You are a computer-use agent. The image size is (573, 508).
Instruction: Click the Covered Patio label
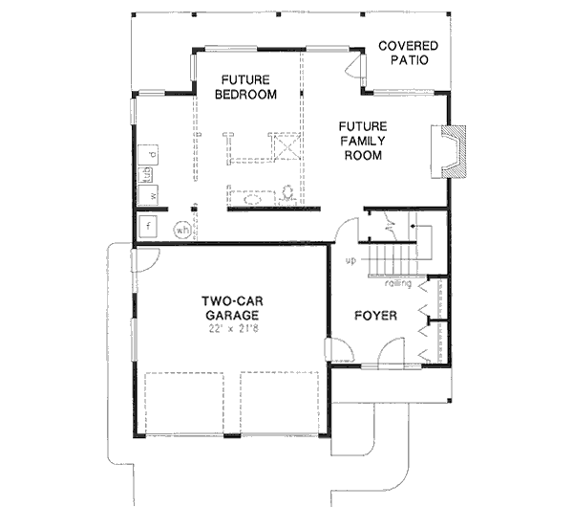(x=409, y=53)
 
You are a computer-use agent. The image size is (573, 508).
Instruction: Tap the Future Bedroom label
(x=245, y=87)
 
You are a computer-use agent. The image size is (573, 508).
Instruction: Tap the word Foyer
(x=375, y=316)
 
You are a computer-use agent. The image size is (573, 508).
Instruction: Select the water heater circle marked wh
(x=180, y=229)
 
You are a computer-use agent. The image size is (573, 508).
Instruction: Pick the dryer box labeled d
(x=151, y=154)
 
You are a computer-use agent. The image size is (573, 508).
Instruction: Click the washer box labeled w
(x=151, y=196)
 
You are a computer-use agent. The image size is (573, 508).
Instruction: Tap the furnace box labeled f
(x=149, y=227)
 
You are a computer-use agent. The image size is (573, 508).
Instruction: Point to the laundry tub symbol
(x=148, y=174)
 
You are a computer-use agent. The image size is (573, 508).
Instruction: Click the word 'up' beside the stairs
(x=350, y=259)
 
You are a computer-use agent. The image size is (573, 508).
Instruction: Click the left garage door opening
(x=184, y=402)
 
